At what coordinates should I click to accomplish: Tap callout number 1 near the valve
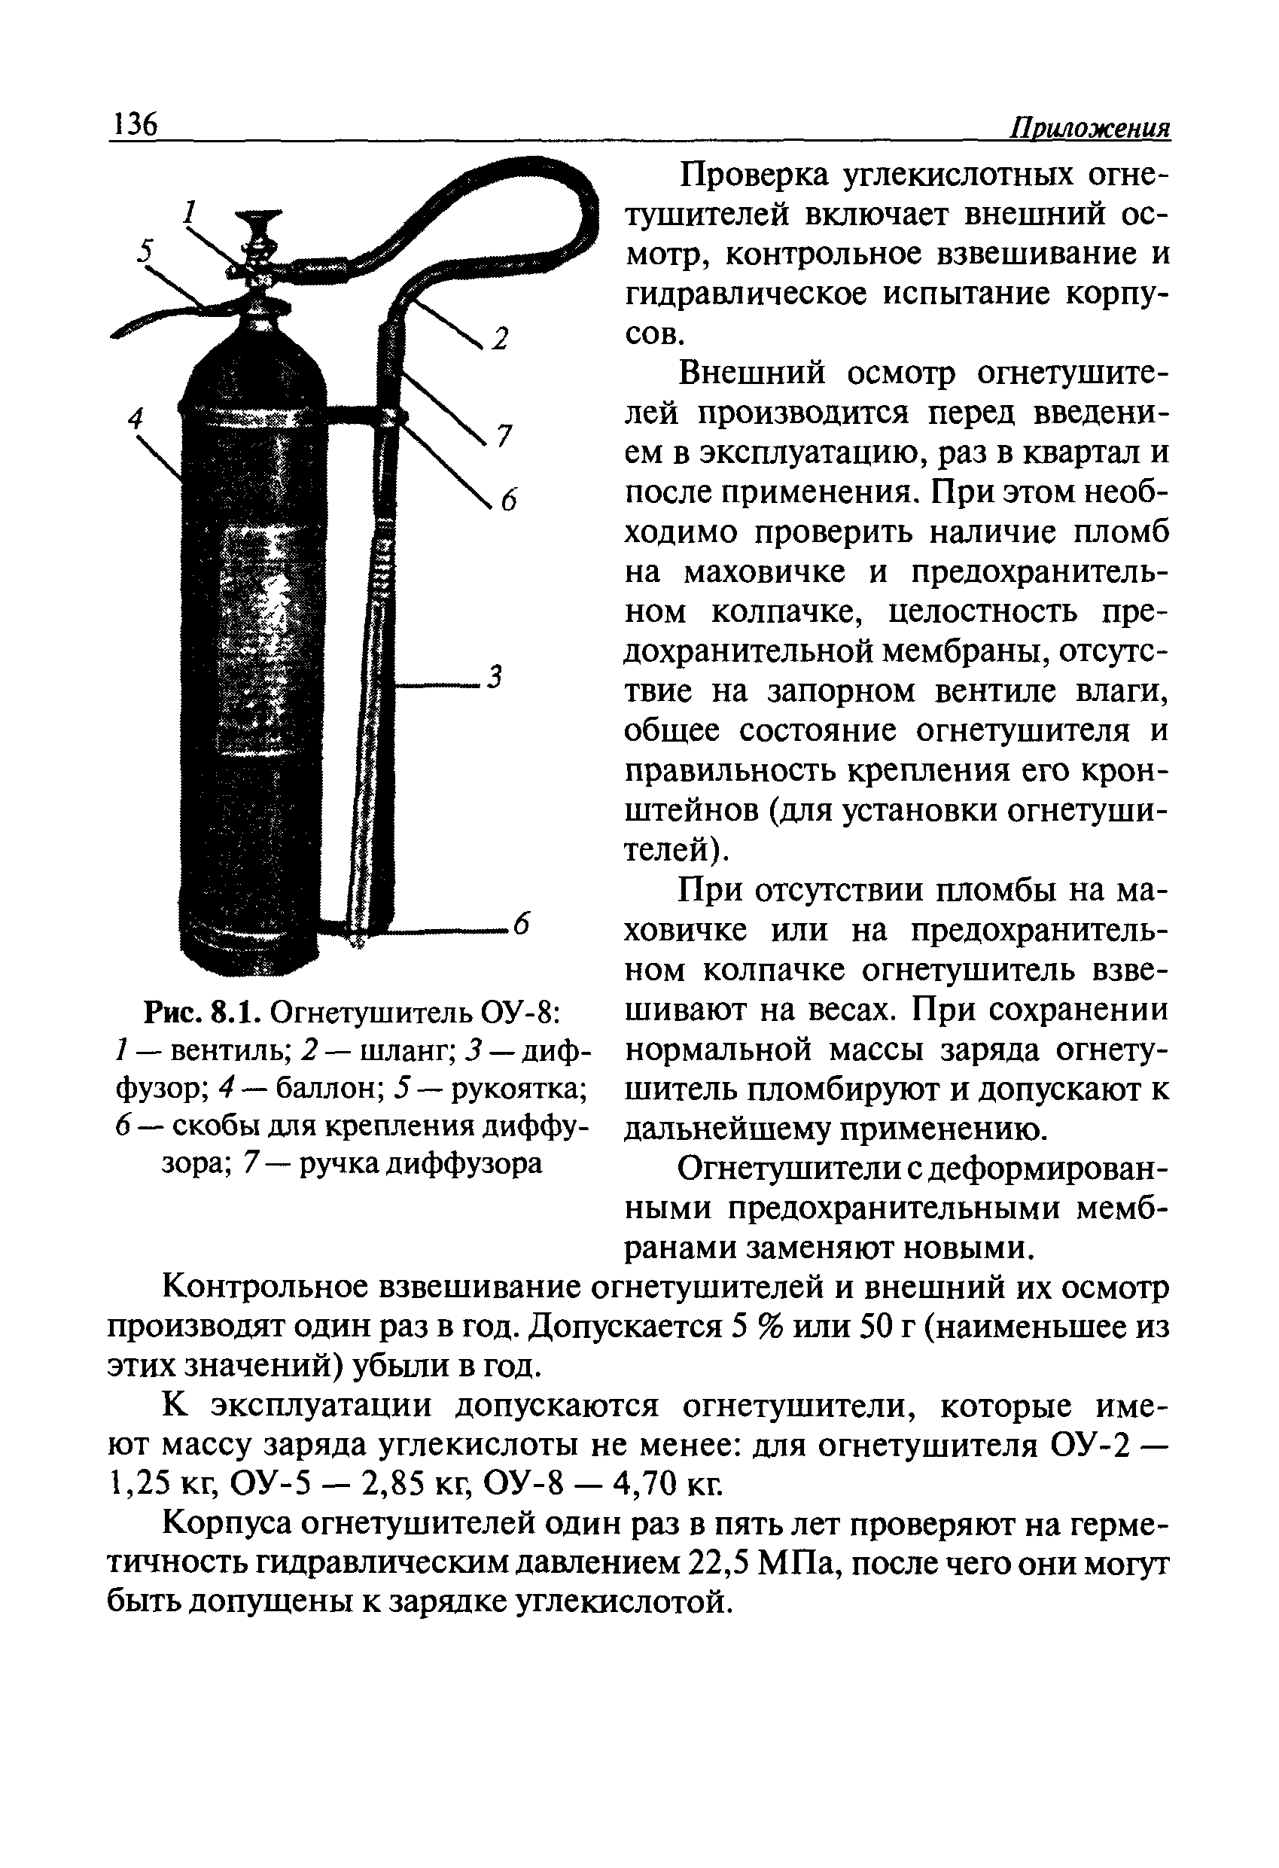coord(190,213)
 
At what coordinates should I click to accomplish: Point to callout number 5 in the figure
coord(145,251)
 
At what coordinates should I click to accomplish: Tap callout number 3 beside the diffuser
coord(495,677)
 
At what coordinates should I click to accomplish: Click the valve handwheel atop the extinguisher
coord(257,217)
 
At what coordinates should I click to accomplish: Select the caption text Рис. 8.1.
coord(202,1013)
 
